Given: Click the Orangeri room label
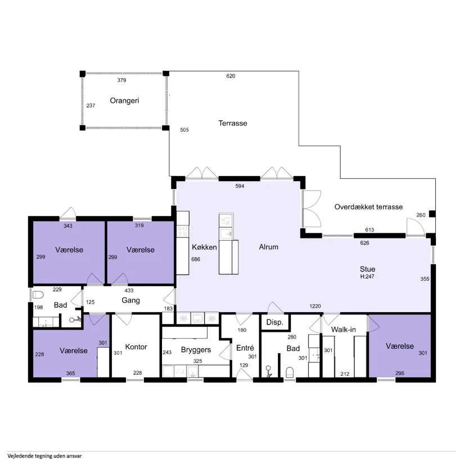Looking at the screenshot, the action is [124, 101].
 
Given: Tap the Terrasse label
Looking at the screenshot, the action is [233, 123].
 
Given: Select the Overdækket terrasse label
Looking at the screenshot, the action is [368, 207].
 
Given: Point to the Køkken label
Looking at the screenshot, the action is [204, 247].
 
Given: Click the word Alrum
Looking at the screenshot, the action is [268, 247].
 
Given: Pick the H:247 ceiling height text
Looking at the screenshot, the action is [367, 276].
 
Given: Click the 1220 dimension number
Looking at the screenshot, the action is [315, 307].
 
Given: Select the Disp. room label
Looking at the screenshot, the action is [274, 322].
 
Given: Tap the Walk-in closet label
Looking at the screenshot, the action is [343, 330].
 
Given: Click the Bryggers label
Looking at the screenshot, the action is [196, 350].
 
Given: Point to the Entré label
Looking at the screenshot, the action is [245, 348].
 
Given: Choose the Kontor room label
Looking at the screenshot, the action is [136, 347].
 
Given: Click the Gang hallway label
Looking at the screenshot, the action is [130, 300].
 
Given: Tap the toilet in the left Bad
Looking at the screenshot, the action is [38, 295].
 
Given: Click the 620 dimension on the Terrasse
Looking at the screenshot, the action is [231, 76].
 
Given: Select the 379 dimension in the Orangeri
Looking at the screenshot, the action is [121, 80].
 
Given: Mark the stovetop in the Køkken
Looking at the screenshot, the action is [183, 231].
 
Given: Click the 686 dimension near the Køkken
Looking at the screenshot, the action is [196, 259].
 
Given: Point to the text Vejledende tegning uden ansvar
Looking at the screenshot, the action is [44, 456].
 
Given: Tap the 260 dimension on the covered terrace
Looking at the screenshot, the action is [421, 215].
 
